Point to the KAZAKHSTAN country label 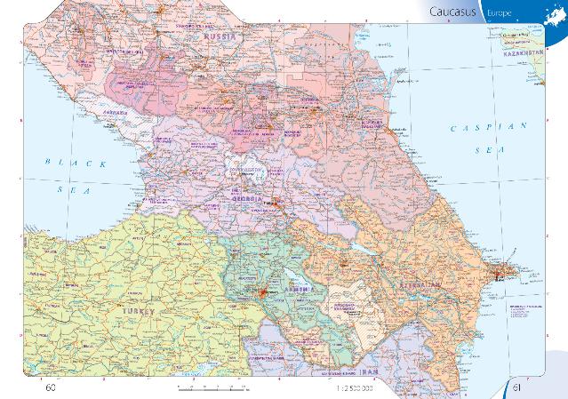click(524, 54)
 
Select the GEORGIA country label click(248, 200)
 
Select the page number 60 click(50, 387)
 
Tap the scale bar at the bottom click(213, 388)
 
